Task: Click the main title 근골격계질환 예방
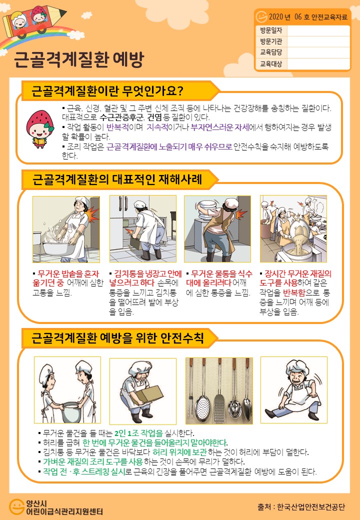tap(79, 59)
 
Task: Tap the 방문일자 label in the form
tap(271, 30)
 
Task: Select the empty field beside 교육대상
tap(318, 63)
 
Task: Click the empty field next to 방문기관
tap(318, 41)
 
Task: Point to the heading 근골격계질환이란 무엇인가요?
tap(107, 90)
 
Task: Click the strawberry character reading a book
tap(39, 128)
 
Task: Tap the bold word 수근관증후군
tap(121, 117)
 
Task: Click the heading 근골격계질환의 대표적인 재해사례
tap(117, 179)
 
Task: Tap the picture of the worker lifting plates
tap(217, 229)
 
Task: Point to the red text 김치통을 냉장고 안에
tap(148, 273)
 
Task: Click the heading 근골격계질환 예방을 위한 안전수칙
tap(117, 337)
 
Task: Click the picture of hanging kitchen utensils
tap(219, 390)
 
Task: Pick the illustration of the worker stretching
tap(294, 390)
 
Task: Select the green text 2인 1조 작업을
tap(138, 433)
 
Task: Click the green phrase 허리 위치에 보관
tap(179, 452)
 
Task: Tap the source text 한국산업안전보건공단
tap(311, 506)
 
